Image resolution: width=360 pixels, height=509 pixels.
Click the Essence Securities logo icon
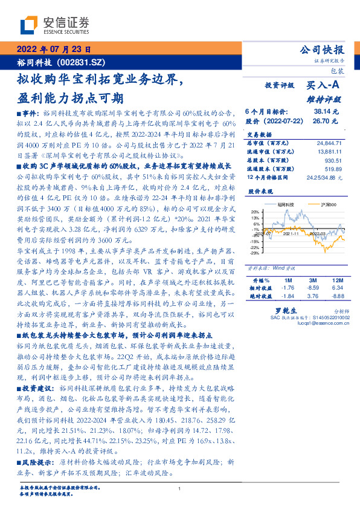[30, 25]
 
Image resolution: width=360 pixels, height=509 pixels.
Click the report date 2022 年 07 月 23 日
[54, 50]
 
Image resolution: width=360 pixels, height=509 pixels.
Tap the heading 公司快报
[321, 50]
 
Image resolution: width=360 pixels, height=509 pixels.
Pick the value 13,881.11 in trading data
[330, 151]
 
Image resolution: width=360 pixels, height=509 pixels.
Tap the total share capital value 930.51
[333, 161]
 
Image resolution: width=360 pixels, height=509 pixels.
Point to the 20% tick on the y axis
[256, 212]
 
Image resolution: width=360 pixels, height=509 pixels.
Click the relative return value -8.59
[313, 288]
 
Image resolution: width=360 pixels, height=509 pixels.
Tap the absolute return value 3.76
[313, 296]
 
